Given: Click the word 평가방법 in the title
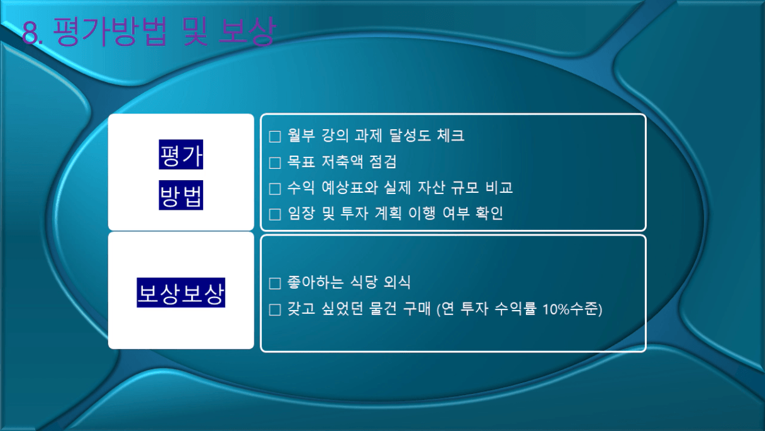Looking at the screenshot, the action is click(x=110, y=31).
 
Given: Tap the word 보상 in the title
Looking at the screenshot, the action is click(x=247, y=31).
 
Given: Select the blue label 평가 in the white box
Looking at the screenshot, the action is click(x=181, y=154).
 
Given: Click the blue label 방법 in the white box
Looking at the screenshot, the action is click(x=181, y=195).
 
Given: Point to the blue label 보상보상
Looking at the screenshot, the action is click(x=181, y=292).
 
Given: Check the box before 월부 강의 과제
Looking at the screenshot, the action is click(x=275, y=137).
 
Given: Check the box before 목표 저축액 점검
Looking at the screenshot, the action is click(x=275, y=163).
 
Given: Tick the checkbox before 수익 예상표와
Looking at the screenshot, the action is click(x=275, y=189).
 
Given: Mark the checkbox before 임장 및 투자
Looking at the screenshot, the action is click(x=275, y=215).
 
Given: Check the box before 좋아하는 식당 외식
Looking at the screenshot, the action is click(x=275, y=284).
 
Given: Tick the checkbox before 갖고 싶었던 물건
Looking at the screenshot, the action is click(x=275, y=310).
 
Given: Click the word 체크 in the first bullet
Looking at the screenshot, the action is click(x=451, y=135).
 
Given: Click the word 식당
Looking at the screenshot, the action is click(x=364, y=282).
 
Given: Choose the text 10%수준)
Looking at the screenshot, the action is click(x=572, y=309).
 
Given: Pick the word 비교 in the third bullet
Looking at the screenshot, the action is click(x=500, y=187).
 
